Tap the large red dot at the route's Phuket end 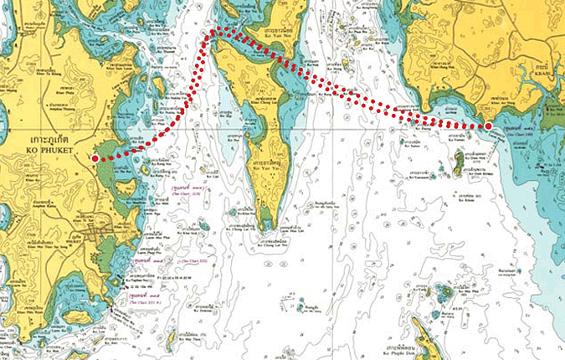click(95, 157)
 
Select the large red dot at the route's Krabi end click(488, 126)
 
